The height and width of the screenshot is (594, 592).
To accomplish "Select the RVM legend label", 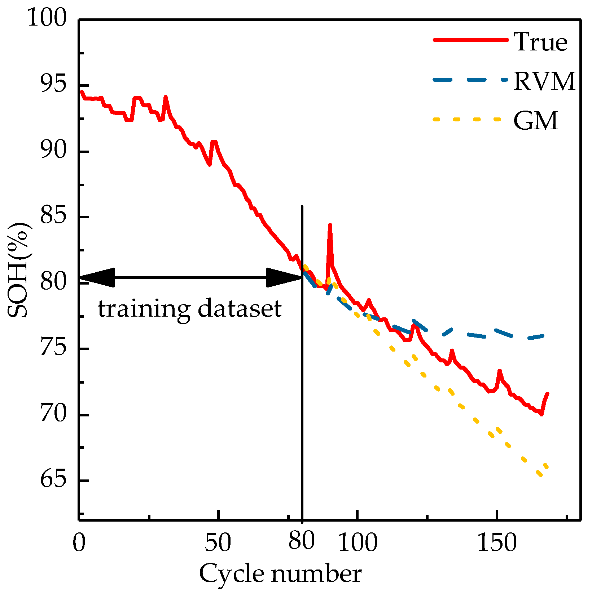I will [544, 81].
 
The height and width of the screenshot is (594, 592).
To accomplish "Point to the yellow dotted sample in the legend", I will [467, 119].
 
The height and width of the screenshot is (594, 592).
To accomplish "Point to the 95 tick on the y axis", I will [53, 86].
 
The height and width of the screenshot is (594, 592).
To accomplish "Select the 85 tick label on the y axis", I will [53, 217].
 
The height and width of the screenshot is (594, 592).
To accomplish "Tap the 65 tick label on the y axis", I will [53, 480].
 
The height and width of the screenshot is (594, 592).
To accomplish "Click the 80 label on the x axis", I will [302, 541].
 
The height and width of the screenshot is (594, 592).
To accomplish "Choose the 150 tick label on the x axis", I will [497, 543].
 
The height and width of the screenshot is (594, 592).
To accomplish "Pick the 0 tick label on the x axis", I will [79, 543].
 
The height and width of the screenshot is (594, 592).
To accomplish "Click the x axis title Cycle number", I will [280, 574].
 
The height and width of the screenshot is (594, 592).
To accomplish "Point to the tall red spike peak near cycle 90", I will [329, 225].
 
